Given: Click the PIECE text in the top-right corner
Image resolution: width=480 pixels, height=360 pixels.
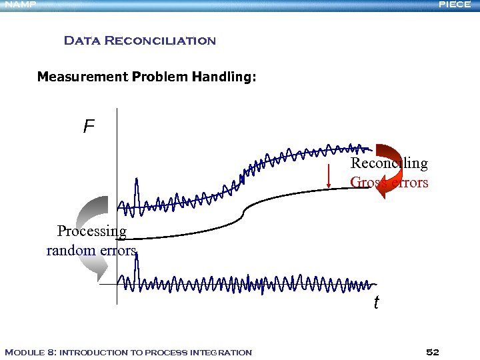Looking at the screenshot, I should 455,5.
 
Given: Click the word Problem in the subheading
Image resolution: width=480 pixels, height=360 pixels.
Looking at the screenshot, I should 159,77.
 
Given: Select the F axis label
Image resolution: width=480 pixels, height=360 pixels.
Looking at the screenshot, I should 89,127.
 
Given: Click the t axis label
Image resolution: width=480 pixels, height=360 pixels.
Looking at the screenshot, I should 376,303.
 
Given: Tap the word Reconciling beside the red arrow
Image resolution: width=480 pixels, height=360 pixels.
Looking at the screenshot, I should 389,163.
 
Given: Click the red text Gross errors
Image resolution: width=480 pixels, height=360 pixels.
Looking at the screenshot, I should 389,182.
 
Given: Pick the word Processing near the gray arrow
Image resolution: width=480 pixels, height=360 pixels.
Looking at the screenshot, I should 92,231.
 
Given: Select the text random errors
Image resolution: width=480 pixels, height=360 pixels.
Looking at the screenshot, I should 91,251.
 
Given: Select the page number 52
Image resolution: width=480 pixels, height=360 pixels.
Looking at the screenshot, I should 433,352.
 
